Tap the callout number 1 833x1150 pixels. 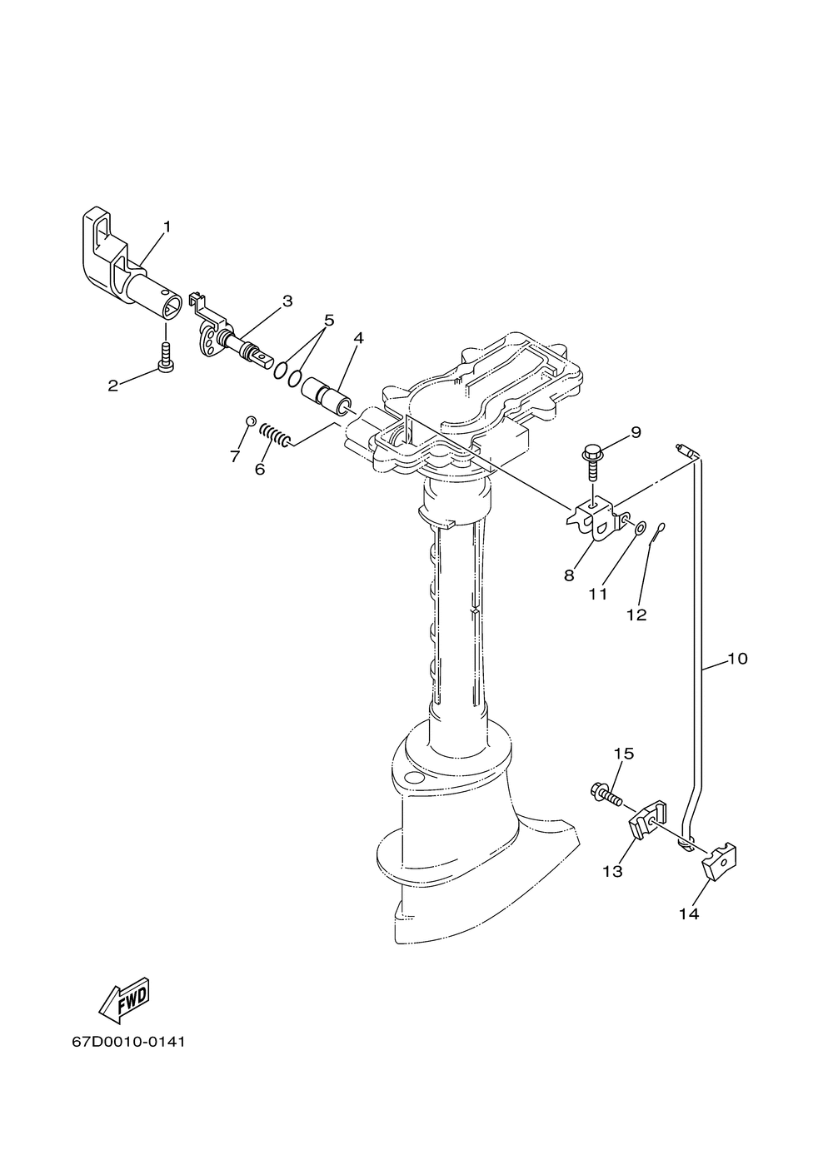coord(167,227)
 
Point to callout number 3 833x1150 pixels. coord(287,301)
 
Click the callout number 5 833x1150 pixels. coord(329,321)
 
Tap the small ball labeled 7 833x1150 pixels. coord(250,421)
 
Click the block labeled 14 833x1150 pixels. coord(720,861)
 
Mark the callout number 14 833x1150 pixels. coord(689,914)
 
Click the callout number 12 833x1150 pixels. coord(636,615)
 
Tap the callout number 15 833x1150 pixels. coord(624,754)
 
